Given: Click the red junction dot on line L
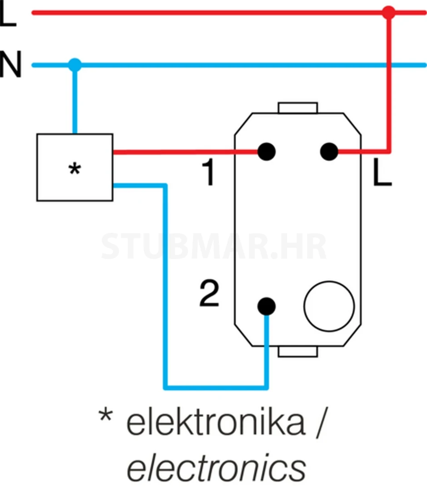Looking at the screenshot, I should [x=388, y=12].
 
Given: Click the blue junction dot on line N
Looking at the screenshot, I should [x=75, y=65].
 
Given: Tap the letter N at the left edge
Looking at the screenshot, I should [x=10, y=65].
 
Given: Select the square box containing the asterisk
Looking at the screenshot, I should [x=74, y=167].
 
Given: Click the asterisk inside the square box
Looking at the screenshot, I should [x=74, y=170].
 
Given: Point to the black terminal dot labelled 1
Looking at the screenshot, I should [x=267, y=152].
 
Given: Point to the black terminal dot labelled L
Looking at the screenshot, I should [x=329, y=152].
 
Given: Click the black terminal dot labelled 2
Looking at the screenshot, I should [x=267, y=307].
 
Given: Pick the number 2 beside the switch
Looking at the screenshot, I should [x=209, y=294].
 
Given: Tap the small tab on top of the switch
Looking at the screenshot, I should [x=298, y=108].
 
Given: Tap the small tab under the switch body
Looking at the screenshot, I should [x=298, y=351].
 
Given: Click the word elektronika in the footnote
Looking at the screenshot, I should [x=216, y=424].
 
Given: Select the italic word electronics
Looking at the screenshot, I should [x=216, y=468].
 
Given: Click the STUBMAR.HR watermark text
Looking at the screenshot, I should [x=213, y=247].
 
